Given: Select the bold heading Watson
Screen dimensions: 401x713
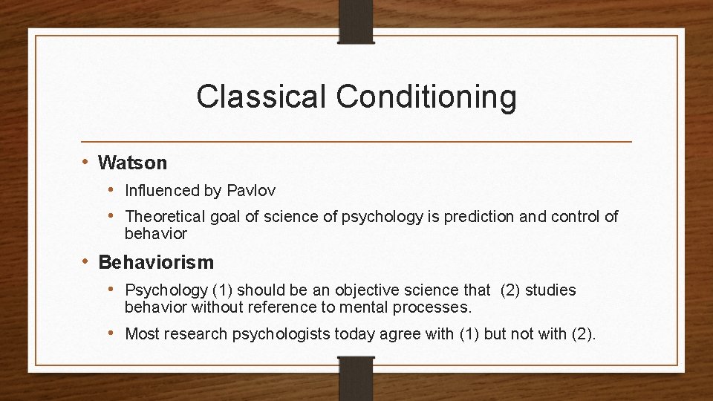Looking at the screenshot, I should (x=132, y=162).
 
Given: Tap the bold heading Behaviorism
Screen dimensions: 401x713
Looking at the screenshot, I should (x=155, y=262).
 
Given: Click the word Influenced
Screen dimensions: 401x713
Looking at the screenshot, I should (x=163, y=191).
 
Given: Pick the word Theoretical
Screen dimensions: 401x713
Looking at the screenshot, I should (x=166, y=217).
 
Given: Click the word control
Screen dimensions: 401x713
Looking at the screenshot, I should (x=571, y=217).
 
